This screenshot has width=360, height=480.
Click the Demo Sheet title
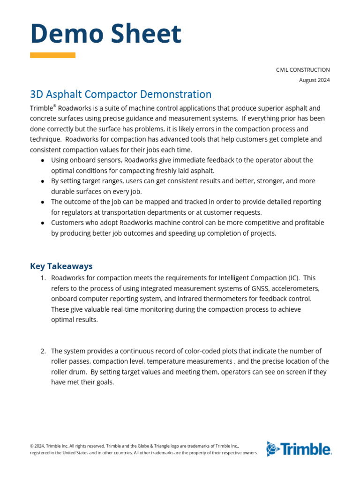click(x=105, y=34)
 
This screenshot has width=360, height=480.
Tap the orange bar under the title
click(x=52, y=55)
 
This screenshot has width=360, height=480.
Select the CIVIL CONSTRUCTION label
click(x=302, y=70)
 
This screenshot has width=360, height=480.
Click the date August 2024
click(x=314, y=80)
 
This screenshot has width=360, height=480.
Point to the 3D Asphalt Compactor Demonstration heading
click(x=120, y=94)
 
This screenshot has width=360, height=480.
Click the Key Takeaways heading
click(x=61, y=266)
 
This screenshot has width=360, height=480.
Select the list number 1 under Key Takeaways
click(x=43, y=278)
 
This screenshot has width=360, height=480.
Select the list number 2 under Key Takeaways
click(x=43, y=351)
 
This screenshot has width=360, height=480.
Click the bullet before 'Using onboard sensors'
click(x=43, y=160)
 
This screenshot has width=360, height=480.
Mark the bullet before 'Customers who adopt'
click(x=43, y=223)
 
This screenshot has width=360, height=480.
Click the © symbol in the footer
click(x=32, y=446)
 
